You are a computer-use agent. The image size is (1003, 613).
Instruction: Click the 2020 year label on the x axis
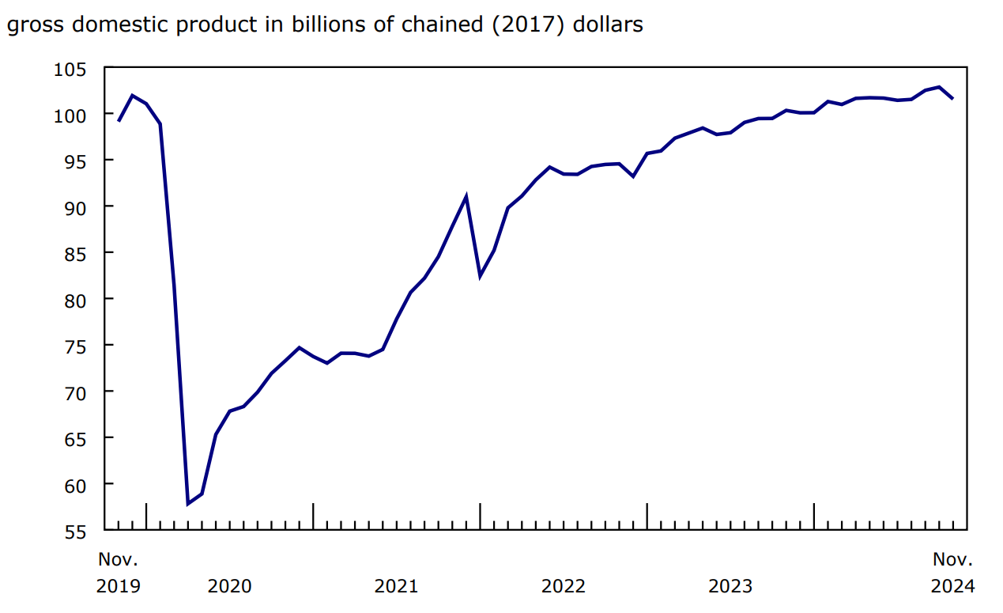[x=229, y=586]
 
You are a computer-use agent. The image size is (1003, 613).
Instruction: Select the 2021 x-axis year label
[x=396, y=586]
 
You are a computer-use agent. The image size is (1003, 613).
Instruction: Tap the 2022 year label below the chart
[x=563, y=586]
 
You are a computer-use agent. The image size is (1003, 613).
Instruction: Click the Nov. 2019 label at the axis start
[x=118, y=573]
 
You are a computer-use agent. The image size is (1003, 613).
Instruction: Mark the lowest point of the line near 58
[x=188, y=503]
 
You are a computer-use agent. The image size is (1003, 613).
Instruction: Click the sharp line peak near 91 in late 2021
[x=466, y=197]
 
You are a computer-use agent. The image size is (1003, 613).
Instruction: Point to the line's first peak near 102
[x=132, y=96]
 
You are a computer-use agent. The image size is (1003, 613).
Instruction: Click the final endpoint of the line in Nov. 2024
[x=953, y=99]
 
